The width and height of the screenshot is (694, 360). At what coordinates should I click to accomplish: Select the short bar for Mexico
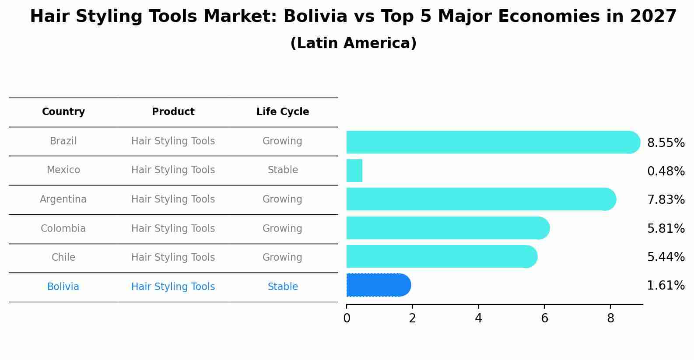(354, 171)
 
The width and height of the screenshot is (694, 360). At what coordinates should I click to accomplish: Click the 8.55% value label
(666, 143)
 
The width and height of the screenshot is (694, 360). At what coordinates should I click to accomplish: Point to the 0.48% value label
(666, 171)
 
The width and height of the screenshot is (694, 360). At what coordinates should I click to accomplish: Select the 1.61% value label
(666, 286)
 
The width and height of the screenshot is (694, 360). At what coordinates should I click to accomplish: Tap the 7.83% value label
(666, 200)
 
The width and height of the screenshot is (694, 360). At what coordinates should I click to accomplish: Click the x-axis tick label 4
(478, 319)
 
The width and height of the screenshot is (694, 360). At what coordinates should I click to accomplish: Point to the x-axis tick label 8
(610, 319)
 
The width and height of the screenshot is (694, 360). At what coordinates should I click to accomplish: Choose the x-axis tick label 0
(347, 319)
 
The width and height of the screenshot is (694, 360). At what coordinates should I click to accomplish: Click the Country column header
(63, 112)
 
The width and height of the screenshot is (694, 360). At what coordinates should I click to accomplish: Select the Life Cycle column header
(283, 112)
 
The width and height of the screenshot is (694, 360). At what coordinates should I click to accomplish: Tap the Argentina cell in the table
(63, 199)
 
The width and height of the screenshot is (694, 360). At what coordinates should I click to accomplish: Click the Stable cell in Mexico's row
(283, 170)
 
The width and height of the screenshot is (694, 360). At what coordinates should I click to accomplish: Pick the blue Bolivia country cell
(63, 287)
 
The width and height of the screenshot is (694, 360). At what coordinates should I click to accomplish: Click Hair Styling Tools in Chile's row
(173, 258)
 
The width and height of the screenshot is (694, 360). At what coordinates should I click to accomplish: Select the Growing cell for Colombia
(282, 229)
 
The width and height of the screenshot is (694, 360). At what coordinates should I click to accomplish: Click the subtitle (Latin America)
(353, 43)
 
